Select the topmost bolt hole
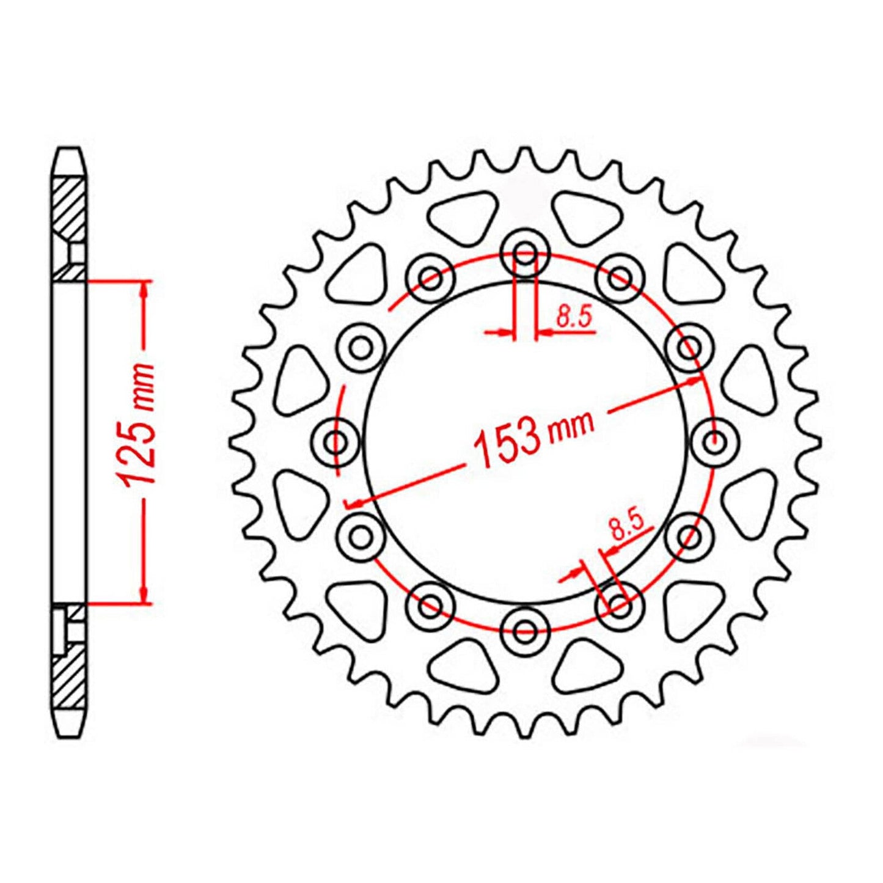point(525,252)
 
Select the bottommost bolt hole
point(525,628)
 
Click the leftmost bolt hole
point(335,440)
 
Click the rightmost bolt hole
point(714,440)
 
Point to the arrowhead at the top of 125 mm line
point(145,290)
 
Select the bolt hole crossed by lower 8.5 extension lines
point(619,606)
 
